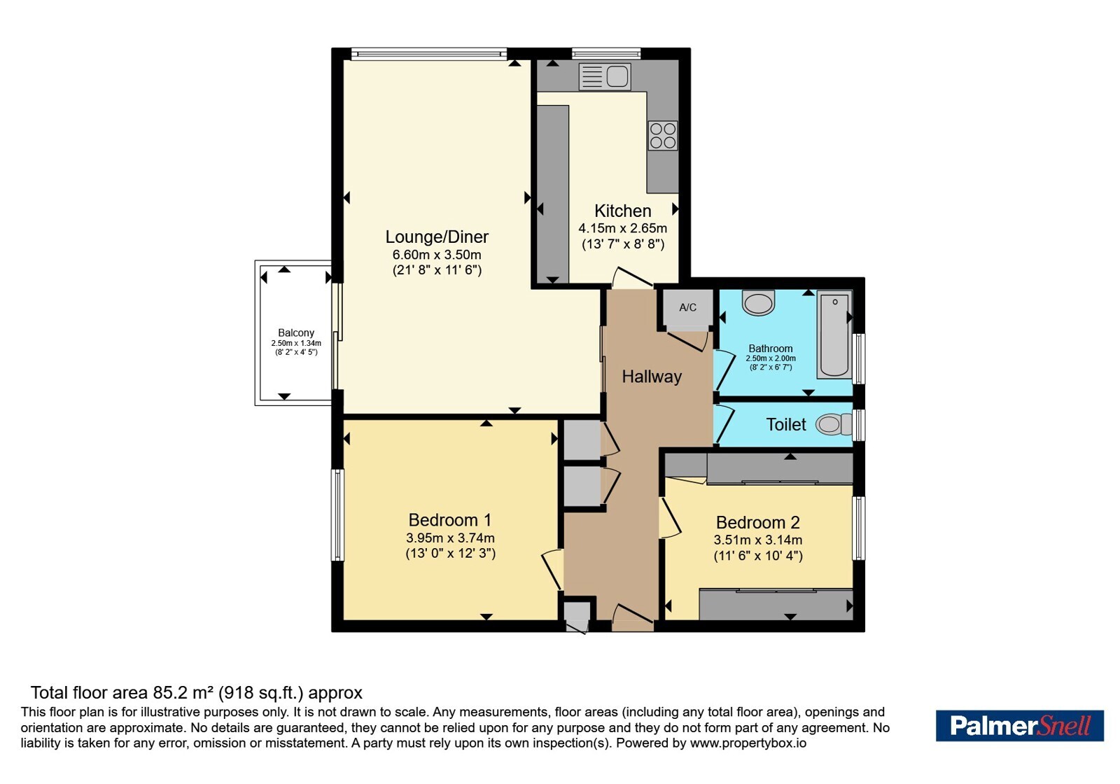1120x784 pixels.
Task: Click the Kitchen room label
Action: (622, 211)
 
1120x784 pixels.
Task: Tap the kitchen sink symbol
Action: (605, 76)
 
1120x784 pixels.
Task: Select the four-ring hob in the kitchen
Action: (663, 136)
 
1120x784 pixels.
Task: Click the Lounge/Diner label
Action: (437, 237)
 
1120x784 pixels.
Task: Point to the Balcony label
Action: (296, 333)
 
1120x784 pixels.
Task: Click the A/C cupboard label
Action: (687, 307)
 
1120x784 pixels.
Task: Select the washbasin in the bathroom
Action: (759, 303)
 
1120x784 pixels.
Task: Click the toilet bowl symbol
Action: (834, 424)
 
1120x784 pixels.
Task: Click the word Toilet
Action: (786, 424)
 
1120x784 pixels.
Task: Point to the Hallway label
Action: (652, 377)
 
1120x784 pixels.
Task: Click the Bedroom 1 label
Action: (450, 520)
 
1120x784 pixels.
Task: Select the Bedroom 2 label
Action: (758, 522)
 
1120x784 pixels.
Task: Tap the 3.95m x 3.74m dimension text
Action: (450, 538)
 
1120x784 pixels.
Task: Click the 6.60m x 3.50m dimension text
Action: (437, 255)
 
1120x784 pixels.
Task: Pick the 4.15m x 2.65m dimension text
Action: (622, 228)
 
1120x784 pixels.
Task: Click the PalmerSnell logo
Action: (1019, 725)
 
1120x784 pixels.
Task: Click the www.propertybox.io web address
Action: (748, 743)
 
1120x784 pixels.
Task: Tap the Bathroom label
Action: (771, 349)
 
